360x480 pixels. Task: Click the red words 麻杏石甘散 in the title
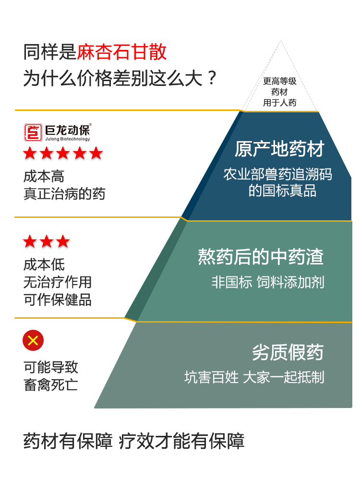coord(122,52)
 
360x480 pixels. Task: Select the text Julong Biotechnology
coord(67,139)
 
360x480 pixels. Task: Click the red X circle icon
coord(33,341)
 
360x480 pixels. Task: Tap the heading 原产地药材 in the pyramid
coord(279,149)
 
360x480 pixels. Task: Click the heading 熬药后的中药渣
coord(261,257)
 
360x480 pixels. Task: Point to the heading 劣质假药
coord(288,353)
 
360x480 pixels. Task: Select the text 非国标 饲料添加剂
coord(268,282)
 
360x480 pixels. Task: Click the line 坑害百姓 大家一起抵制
coord(254,377)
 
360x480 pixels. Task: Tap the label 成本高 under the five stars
coord(44,177)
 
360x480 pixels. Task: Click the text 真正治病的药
coord(64,193)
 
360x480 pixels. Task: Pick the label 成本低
coord(44,264)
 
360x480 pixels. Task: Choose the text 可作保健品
coord(58,300)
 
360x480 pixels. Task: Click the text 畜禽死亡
coord(51,385)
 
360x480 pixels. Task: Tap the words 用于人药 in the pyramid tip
coord(280,103)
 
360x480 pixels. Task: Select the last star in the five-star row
coord(96,154)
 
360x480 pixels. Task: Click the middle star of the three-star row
coord(47,241)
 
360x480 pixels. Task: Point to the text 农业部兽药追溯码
coord(277,174)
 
